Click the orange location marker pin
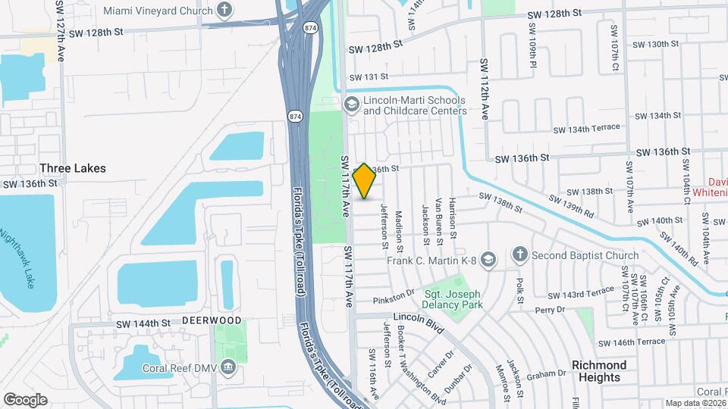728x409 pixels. [365, 181]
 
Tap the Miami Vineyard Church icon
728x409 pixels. [224, 10]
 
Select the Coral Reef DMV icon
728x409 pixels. [227, 370]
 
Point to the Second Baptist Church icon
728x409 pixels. [519, 254]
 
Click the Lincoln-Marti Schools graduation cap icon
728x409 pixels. [351, 104]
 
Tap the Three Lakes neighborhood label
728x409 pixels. [73, 168]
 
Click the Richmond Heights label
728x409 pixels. [599, 371]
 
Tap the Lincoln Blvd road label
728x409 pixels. [417, 322]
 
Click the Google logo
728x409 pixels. [25, 399]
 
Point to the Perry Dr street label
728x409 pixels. [551, 310]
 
